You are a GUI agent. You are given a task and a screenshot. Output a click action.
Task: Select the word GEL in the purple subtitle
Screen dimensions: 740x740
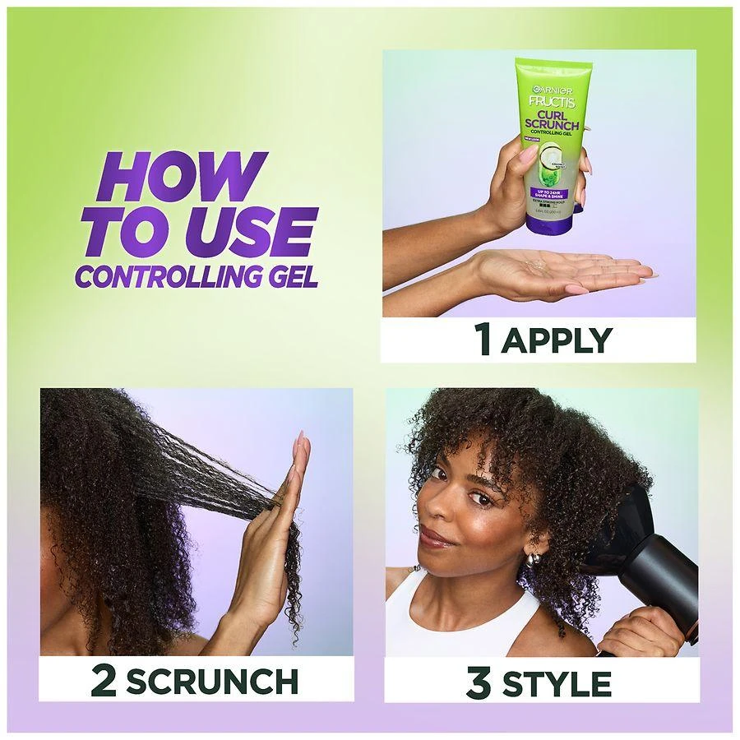tap(288, 275)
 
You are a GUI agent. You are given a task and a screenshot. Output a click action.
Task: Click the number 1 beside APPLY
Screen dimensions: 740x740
tap(485, 338)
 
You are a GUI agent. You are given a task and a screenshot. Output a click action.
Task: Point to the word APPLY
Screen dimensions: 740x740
tap(557, 339)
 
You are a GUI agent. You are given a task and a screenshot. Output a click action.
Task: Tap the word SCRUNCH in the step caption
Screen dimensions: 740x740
tap(212, 681)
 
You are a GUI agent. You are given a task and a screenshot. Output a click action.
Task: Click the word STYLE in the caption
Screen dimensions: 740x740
tap(557, 682)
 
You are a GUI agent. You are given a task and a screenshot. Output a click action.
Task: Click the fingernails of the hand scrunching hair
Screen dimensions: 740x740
tap(300, 448)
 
